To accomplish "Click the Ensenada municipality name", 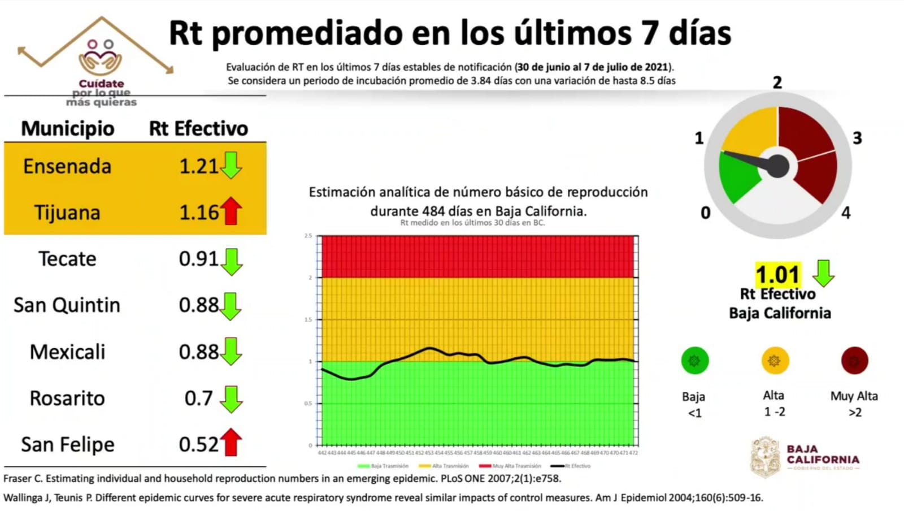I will (67, 166).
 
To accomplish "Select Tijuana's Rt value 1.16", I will (198, 213).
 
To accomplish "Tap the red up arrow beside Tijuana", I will (231, 211).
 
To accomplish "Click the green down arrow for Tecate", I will (232, 261).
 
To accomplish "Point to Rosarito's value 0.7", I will (198, 398).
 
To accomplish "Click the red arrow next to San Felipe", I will (231, 442).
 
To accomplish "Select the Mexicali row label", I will (67, 352).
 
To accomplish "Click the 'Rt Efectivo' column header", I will (198, 128).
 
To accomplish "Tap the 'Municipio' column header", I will (68, 128).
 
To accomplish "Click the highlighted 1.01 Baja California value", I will (778, 275).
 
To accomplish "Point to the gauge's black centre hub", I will (778, 166).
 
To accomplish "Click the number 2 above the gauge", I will (777, 83).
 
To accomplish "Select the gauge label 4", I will (846, 213).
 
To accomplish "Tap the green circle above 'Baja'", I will (694, 361).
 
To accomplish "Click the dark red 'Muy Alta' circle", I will (854, 361).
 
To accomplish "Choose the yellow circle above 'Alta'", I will (775, 361).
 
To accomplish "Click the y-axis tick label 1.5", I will (308, 319).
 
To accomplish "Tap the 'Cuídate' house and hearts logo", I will (101, 57).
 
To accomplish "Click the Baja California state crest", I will (766, 457).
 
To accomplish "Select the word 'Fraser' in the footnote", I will (18, 478).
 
